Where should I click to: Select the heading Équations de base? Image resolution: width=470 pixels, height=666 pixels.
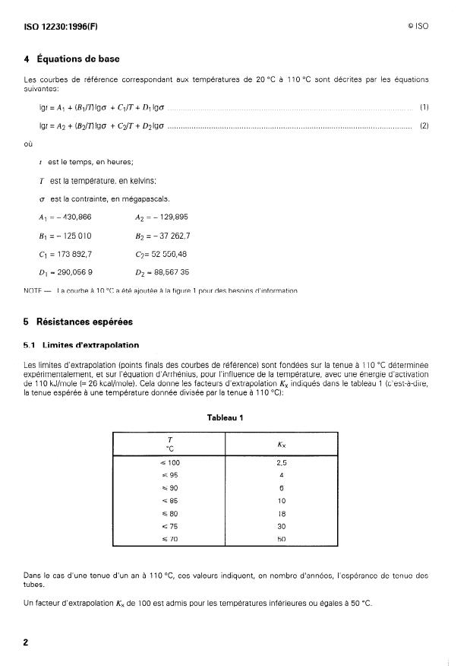click(73, 59)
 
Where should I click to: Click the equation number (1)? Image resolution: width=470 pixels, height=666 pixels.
click(424, 108)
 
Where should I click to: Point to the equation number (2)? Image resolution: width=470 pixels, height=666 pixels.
click(424, 125)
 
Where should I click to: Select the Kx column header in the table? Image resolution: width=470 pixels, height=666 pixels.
click(282, 443)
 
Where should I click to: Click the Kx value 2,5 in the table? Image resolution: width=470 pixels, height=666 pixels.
click(282, 461)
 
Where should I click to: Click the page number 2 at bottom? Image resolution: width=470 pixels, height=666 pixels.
click(27, 642)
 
